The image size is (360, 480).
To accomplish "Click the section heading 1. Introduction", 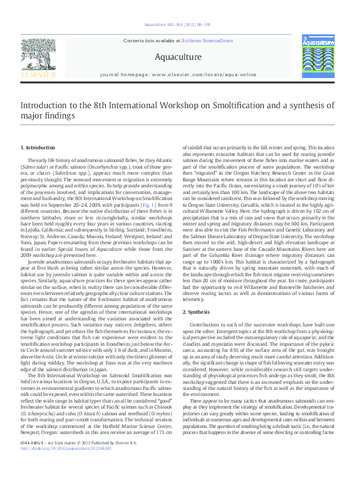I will point(38,148).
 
